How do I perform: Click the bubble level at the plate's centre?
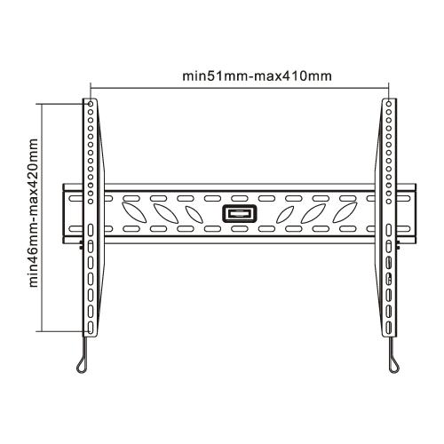238,214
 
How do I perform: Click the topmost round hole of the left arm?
90,105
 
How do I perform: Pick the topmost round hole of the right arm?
389,105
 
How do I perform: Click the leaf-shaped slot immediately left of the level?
192,214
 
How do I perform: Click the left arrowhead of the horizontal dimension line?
92,86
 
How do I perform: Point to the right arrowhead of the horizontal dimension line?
387,86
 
